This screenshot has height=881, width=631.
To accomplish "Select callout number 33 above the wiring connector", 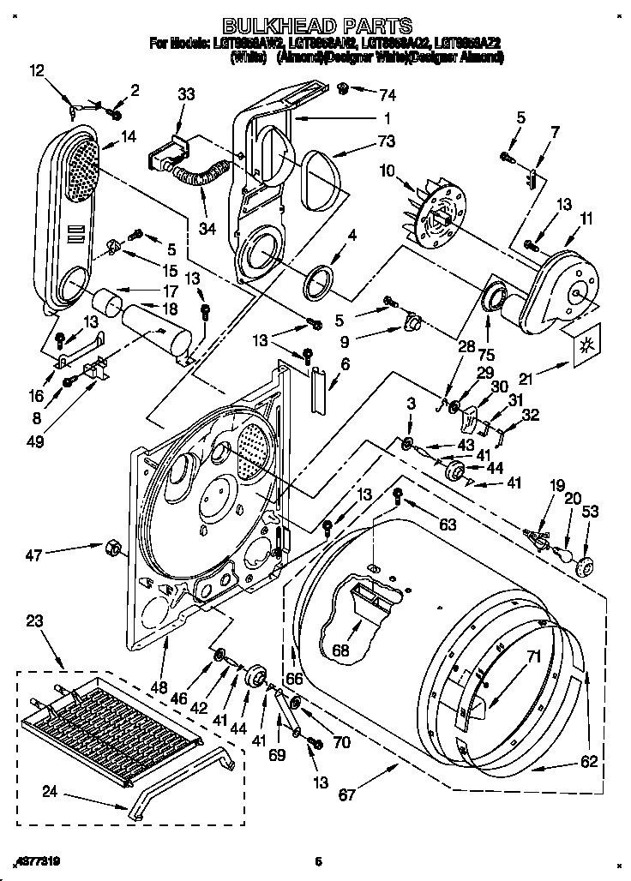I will pyautogui.click(x=187, y=96).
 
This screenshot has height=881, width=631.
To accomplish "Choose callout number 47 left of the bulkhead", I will pyautogui.click(x=33, y=556).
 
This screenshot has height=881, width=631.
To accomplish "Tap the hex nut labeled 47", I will pyautogui.click(x=111, y=547).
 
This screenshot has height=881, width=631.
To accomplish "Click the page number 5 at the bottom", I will pyautogui.click(x=317, y=861).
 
